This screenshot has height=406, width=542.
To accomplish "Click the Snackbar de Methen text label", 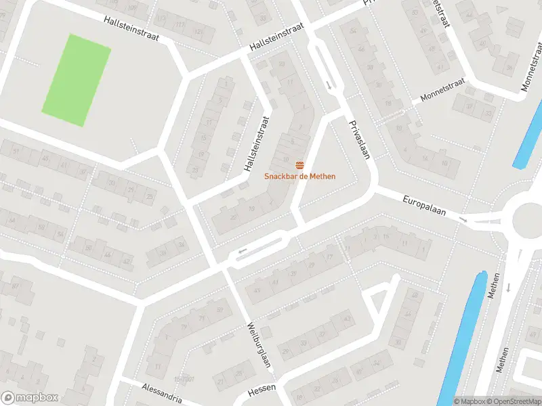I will pyautogui.click(x=299, y=177).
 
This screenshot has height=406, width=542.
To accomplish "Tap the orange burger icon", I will pyautogui.click(x=299, y=166).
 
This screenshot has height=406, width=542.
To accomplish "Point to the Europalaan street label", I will pyautogui.click(x=424, y=206).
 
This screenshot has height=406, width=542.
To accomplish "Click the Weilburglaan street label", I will pyautogui.click(x=259, y=344).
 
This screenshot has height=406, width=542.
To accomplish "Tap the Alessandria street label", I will pyautogui.click(x=161, y=392).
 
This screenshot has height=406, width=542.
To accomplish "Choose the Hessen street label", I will pyautogui.click(x=263, y=392).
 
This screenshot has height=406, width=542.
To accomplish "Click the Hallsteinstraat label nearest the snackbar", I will pyautogui.click(x=255, y=143).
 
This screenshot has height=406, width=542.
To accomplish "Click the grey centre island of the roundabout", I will pyautogui.click(x=530, y=218).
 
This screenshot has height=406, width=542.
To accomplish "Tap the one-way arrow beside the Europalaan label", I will pyautogui.click(x=463, y=220).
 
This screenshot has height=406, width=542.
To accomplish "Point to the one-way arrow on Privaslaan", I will pyautogui.click(x=329, y=85).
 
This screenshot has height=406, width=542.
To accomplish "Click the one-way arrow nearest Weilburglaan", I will pyautogui.click(x=241, y=254).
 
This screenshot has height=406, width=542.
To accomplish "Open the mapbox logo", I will pyautogui.click(x=30, y=398).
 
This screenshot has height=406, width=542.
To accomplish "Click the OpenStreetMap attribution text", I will pyautogui.click(x=513, y=401).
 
